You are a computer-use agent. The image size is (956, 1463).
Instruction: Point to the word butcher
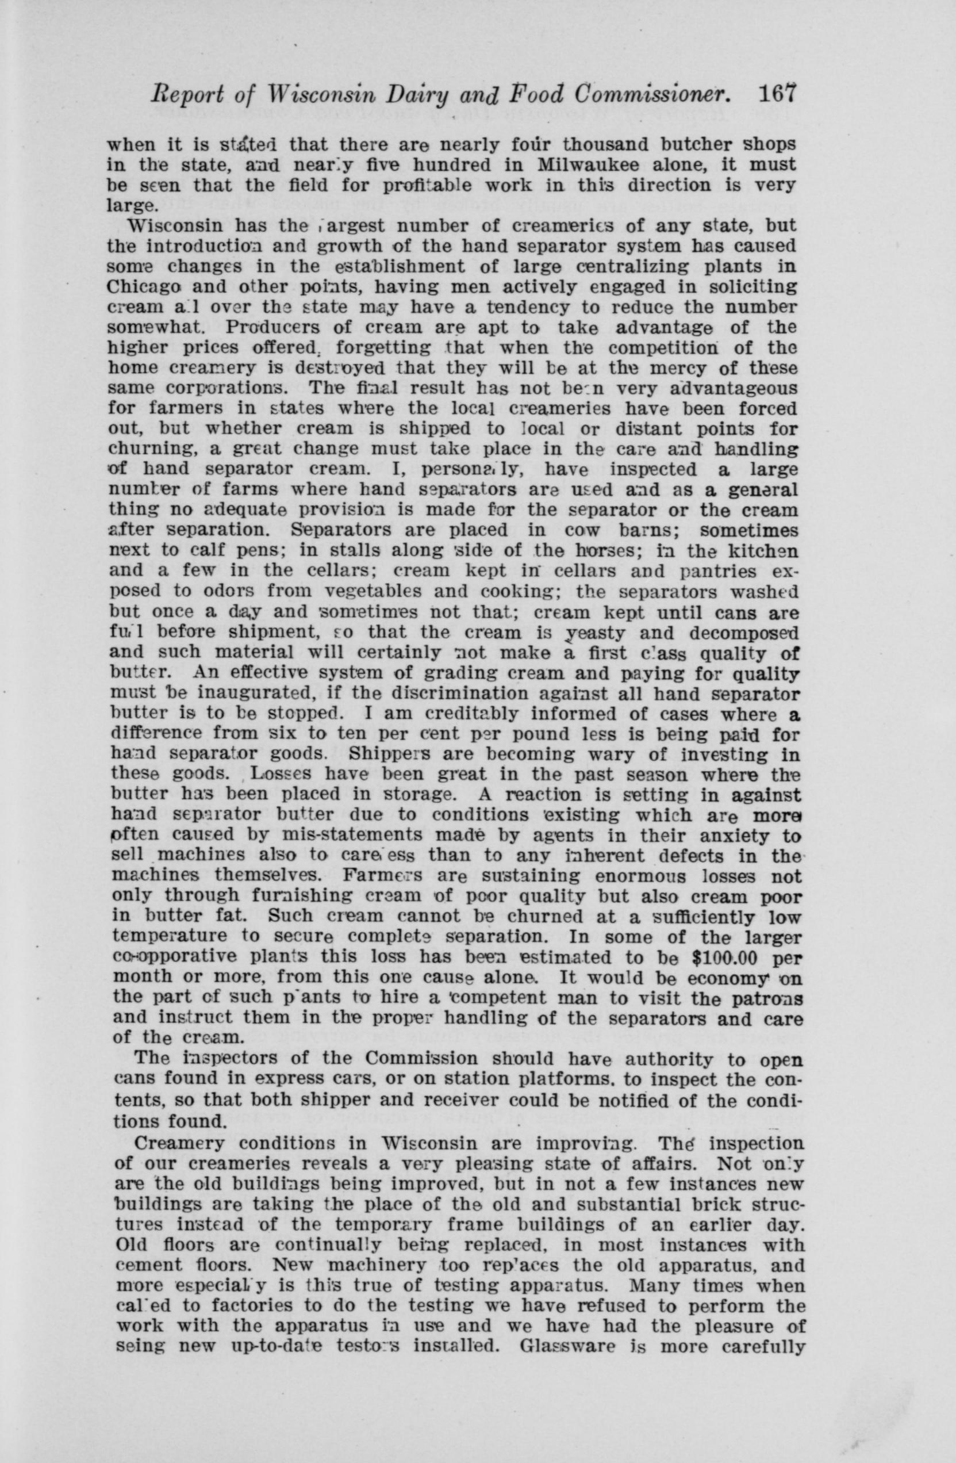[690, 145]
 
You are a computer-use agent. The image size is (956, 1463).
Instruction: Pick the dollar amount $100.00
[731, 957]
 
